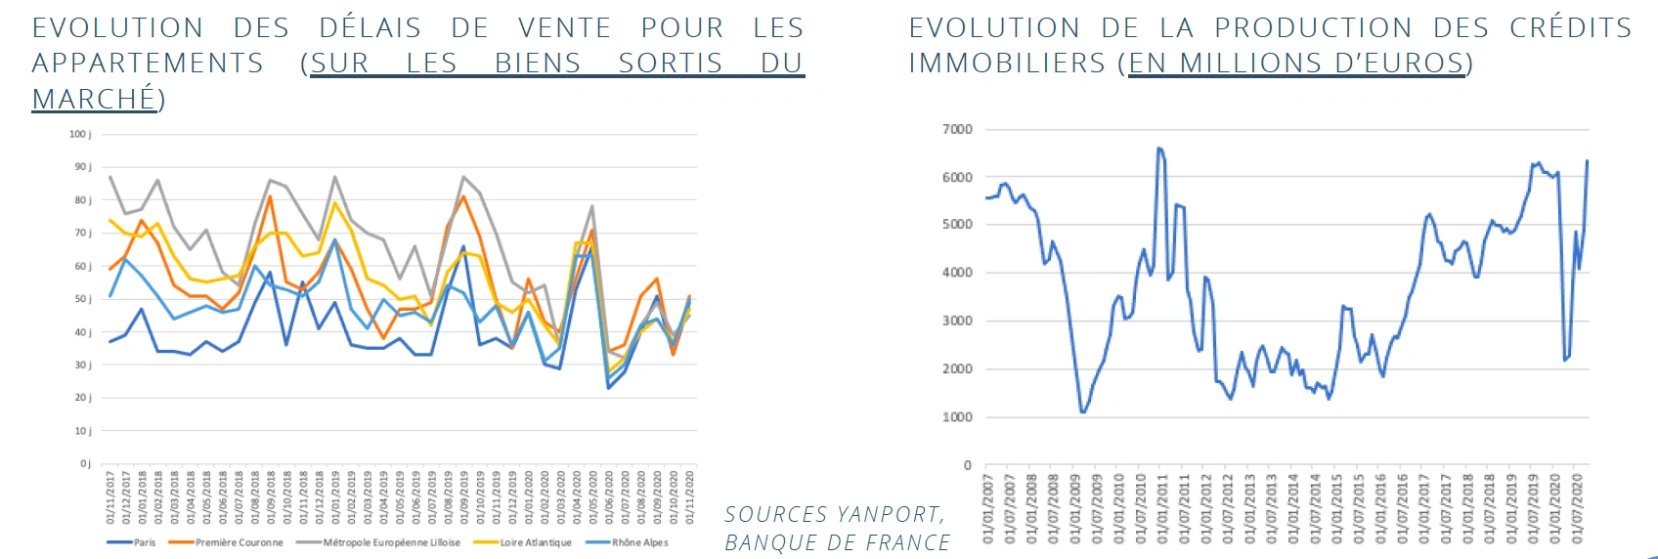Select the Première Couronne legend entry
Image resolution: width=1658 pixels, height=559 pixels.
tap(239, 542)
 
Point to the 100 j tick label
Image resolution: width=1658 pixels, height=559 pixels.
tap(80, 134)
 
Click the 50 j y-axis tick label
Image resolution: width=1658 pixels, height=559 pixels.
tap(83, 299)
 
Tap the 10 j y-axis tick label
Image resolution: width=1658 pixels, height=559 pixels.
tap(83, 431)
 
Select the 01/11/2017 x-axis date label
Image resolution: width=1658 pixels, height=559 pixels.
tap(110, 497)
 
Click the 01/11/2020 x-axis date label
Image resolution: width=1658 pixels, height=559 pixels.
tap(689, 497)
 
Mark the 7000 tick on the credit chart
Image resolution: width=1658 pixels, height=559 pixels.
tap(957, 129)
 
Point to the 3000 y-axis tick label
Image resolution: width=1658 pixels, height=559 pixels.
tap(957, 321)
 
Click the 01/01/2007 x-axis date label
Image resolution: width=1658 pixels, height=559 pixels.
tap(987, 508)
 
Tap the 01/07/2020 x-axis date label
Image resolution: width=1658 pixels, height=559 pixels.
tap(1577, 508)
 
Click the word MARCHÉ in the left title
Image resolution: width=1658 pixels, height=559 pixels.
tap(94, 99)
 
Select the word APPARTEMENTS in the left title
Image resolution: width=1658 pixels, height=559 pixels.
tap(148, 64)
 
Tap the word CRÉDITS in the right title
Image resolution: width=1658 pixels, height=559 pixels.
tap(1570, 27)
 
